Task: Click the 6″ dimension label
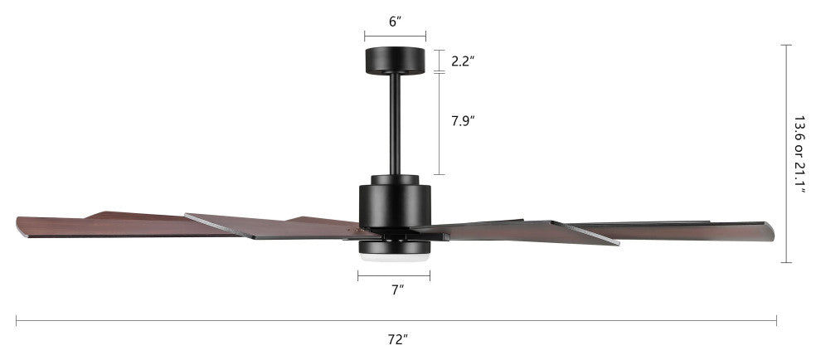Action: click(x=396, y=22)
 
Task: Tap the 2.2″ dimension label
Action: click(x=463, y=61)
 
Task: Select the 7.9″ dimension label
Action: click(x=463, y=121)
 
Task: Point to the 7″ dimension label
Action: click(x=397, y=289)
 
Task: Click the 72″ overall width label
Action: click(x=398, y=339)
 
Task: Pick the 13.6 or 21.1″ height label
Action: click(x=799, y=154)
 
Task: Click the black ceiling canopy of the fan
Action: click(x=395, y=61)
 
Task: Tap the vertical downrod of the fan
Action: click(x=395, y=124)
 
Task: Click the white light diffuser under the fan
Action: click(x=394, y=258)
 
